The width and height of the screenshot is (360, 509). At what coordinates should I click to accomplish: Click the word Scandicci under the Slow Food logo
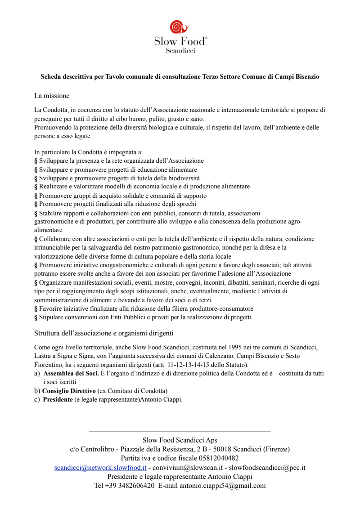point(180,51)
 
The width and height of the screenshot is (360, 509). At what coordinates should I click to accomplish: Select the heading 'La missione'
point(52,96)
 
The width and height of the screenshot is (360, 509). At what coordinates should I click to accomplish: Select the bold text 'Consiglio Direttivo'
point(69,390)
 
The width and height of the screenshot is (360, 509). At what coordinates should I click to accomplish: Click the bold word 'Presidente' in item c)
point(58,399)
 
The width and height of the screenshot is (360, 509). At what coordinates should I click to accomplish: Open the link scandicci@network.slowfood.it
point(100,468)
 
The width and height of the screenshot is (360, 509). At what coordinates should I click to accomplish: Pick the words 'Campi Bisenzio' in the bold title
point(297,76)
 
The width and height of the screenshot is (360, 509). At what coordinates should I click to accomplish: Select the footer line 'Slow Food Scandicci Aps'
point(180,440)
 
